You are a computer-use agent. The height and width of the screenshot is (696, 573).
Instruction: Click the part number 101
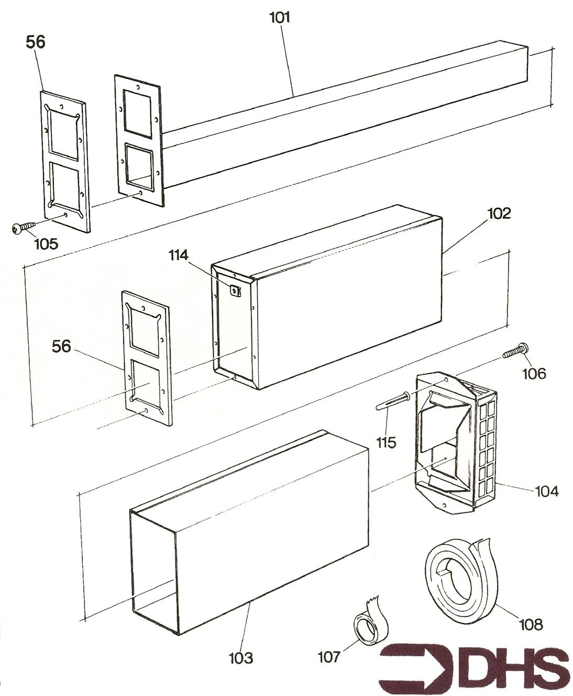tap(280, 17)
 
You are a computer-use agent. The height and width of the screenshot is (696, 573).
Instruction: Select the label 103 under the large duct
tap(241, 658)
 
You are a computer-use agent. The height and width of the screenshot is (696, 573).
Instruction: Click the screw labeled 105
tap(24, 228)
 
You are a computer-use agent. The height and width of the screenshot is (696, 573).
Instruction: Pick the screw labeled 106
tap(515, 351)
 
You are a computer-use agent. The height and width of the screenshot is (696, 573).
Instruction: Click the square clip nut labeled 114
tap(235, 291)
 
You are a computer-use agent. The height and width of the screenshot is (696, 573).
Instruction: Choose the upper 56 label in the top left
tap(35, 42)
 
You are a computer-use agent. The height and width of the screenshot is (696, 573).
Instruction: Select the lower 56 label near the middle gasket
tap(61, 346)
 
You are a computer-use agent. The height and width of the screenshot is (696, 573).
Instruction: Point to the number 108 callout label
tap(531, 625)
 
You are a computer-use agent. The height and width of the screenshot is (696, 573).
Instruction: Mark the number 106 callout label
tap(534, 374)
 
